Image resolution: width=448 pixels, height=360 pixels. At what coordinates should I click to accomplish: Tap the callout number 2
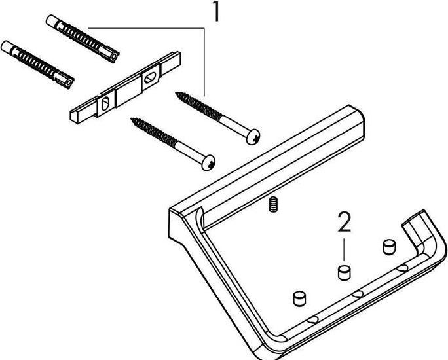tap(344, 223)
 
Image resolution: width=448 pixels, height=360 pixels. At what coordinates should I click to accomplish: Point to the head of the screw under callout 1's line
tap(252, 135)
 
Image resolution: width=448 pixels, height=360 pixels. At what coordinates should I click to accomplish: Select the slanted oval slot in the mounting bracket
tap(150, 78)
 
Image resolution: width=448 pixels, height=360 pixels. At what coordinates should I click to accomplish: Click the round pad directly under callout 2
tap(342, 271)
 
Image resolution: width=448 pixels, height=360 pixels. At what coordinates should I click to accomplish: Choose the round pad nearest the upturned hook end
tap(388, 247)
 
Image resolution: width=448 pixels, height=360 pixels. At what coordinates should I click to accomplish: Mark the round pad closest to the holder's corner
tap(299, 298)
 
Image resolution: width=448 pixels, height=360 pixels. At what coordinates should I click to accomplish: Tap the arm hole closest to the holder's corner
tap(313, 319)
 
